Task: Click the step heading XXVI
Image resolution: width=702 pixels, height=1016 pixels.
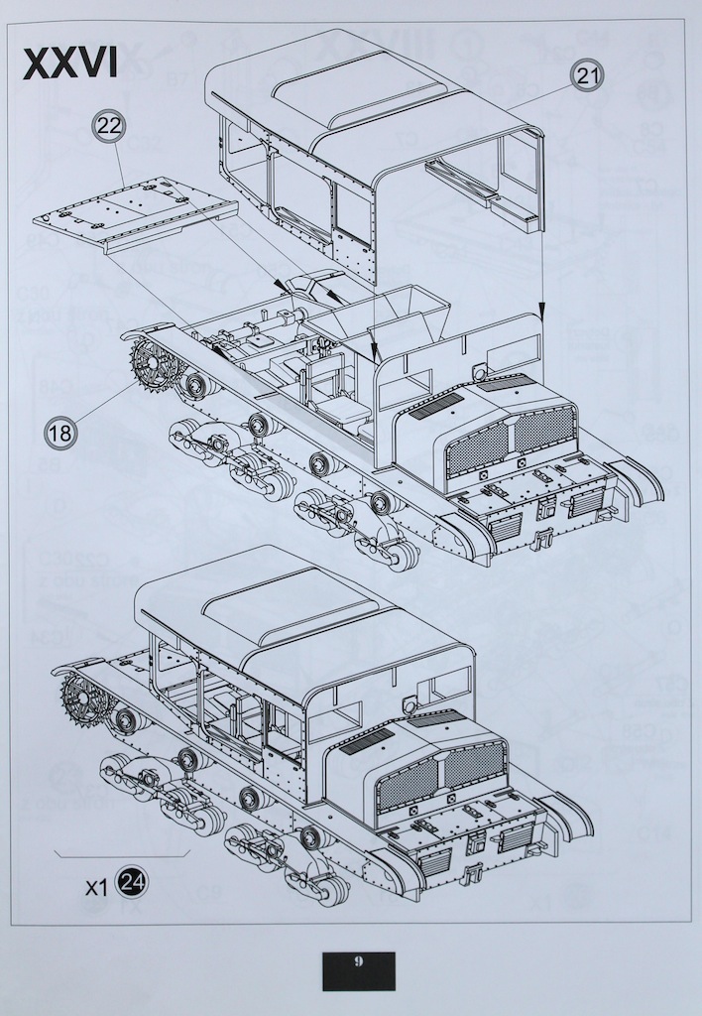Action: pos(70,62)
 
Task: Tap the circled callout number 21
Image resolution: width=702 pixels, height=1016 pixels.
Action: pos(587,75)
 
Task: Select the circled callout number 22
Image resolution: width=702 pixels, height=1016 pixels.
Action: pos(109,127)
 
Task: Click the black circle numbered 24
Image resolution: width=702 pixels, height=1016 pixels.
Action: pos(132,882)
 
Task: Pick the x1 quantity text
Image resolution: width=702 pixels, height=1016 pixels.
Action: pos(95,887)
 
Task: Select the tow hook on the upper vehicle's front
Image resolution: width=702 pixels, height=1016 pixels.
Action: pos(540,541)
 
